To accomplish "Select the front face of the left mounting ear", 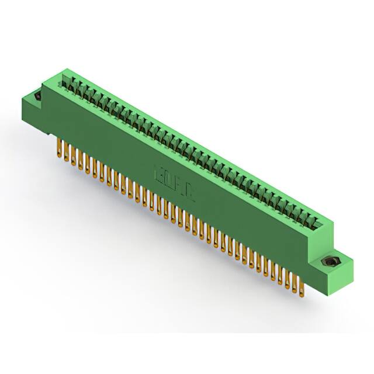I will click(x=32, y=108).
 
